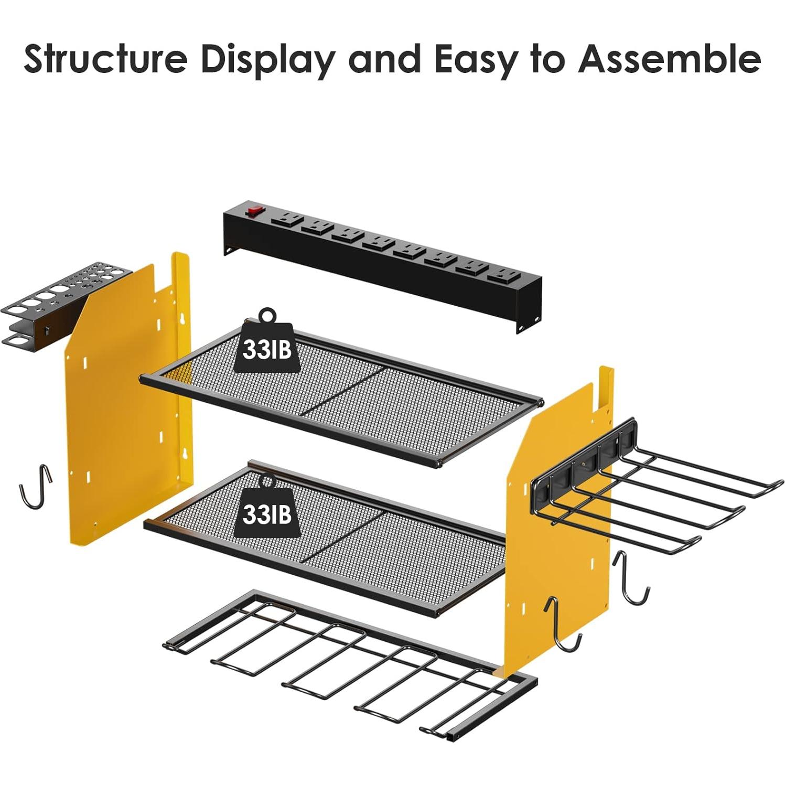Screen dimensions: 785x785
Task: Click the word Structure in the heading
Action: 105,58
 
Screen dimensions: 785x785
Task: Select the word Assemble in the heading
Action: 669,58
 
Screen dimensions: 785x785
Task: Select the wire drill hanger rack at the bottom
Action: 350,665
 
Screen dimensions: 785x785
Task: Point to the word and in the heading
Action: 385,58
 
